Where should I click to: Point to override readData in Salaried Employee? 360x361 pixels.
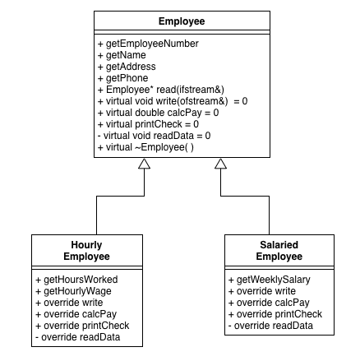pyautogui.click(x=270, y=326)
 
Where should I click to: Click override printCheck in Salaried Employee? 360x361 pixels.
pyautogui.click(x=272, y=314)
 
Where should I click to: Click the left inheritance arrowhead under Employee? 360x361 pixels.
pyautogui.click(x=144, y=165)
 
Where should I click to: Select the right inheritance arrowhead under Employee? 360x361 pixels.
pyautogui.click(x=220, y=165)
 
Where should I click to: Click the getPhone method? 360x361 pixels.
pyautogui.click(x=123, y=77)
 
